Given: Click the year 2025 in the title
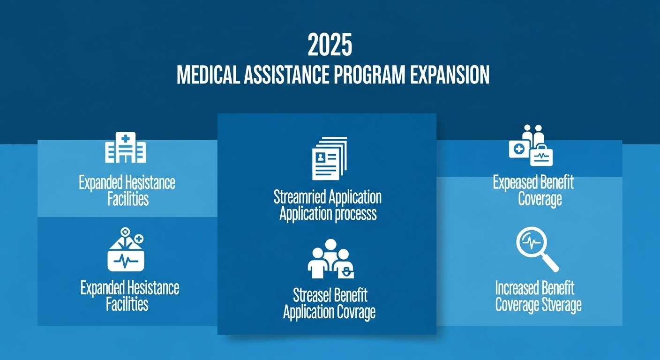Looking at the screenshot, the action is coord(330,45).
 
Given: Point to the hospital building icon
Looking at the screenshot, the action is coord(126,147).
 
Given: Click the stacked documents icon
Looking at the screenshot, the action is coord(330,158).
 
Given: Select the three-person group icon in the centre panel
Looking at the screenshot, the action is coord(330,259).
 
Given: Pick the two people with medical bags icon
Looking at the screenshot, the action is coord(531,145).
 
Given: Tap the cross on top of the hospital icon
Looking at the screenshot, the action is coord(126,138).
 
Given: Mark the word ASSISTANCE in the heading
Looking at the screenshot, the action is coord(286,75).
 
